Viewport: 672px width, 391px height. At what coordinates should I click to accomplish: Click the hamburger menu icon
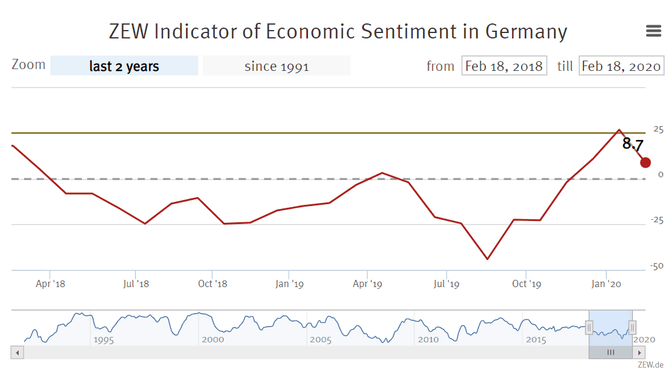tap(653, 31)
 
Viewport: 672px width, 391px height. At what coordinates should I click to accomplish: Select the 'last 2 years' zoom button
tap(124, 66)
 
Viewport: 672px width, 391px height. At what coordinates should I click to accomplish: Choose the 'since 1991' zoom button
tap(276, 66)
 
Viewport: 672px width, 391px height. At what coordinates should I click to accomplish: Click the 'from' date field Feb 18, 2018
tap(504, 66)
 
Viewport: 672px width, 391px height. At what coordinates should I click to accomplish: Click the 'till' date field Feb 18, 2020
tap(621, 66)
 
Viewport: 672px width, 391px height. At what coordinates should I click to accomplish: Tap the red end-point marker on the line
tap(646, 162)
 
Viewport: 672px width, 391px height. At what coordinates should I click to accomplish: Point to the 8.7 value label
tap(632, 144)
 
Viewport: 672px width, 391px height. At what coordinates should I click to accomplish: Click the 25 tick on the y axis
tap(658, 129)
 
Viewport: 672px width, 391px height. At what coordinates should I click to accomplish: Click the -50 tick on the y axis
tap(656, 266)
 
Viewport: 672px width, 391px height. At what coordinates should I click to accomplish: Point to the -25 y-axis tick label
tap(656, 220)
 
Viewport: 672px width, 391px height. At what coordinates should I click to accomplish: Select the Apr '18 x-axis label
tap(51, 283)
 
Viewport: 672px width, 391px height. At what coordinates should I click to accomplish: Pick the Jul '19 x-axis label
tap(446, 283)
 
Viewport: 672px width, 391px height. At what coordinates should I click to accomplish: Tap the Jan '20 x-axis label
tap(606, 283)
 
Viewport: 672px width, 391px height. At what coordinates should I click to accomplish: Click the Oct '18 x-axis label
tap(212, 283)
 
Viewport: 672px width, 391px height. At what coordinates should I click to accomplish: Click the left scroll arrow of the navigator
tap(17, 353)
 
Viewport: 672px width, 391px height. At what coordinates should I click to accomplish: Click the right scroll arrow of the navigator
tap(640, 353)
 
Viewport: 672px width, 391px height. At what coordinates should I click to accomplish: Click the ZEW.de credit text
tap(651, 365)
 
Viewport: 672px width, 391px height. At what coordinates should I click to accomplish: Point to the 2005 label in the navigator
tap(321, 340)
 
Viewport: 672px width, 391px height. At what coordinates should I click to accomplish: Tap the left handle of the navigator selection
tap(589, 327)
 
